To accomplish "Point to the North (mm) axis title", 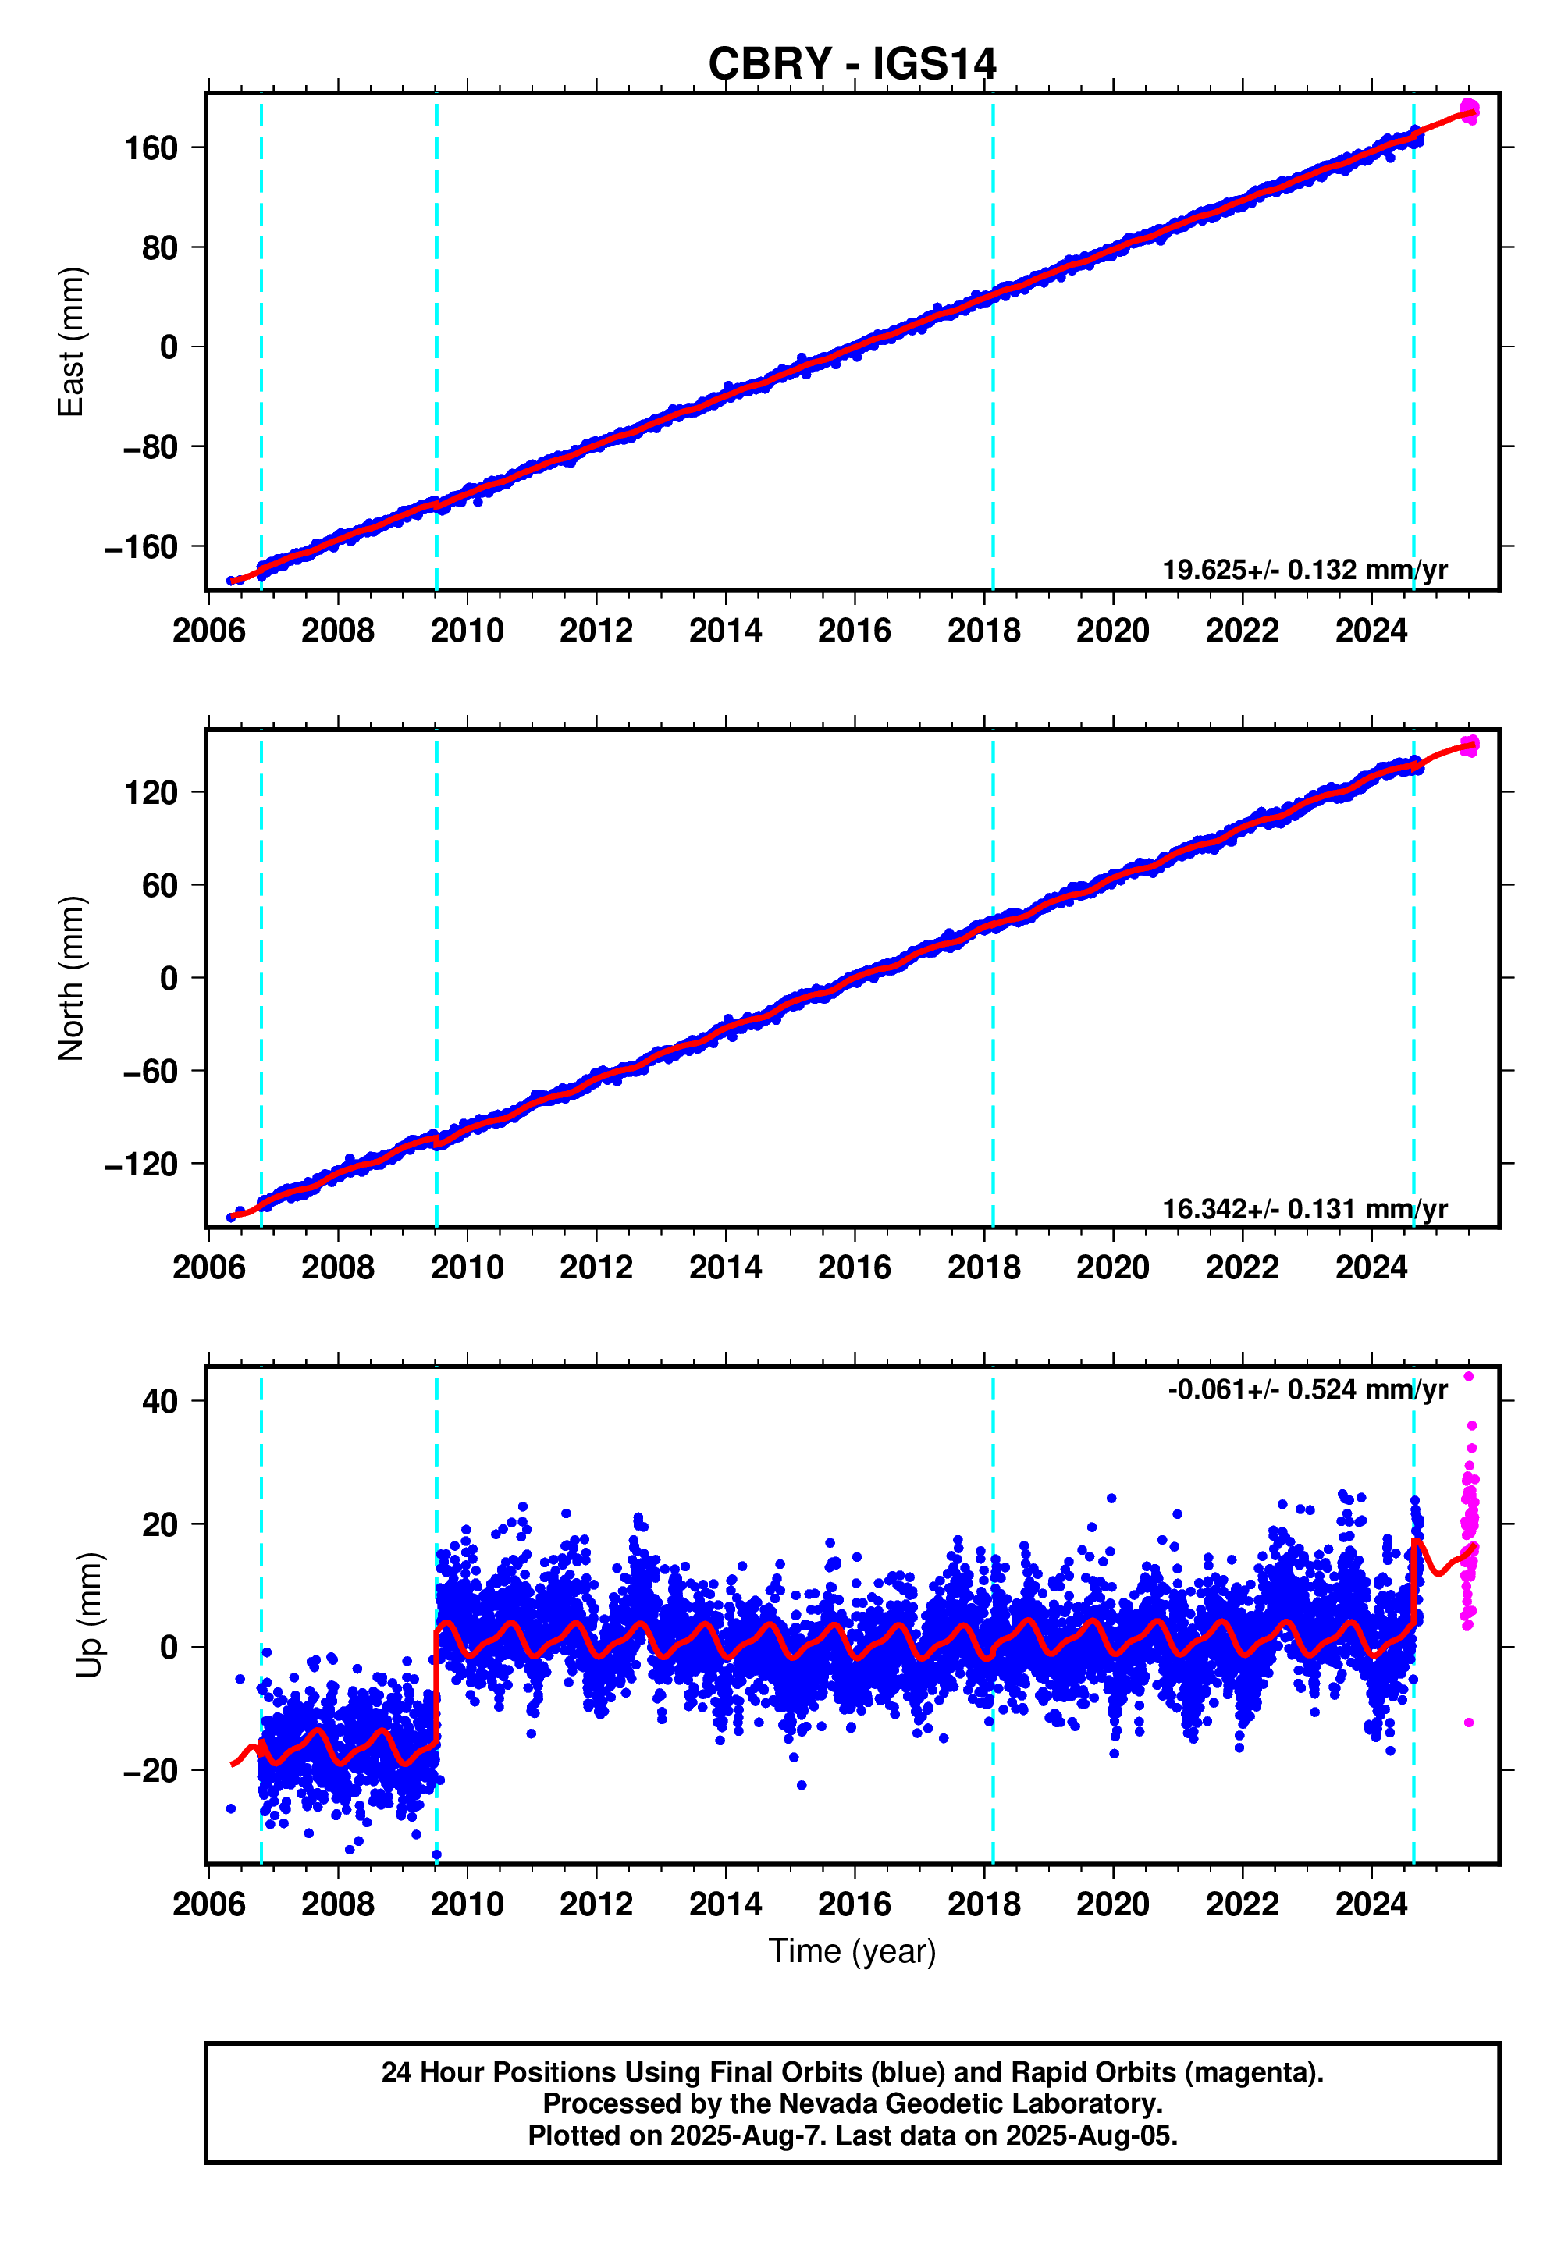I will tap(71, 978).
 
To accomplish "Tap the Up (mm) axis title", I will tap(89, 1613).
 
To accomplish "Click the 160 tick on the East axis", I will tap(151, 148).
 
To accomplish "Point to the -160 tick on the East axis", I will tap(142, 546).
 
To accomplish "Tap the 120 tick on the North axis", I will tap(151, 792).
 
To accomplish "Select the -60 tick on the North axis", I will tap(151, 1071).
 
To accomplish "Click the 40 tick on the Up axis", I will tap(159, 1402).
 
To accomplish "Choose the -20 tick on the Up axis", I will tap(151, 1770).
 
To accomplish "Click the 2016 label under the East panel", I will tap(854, 631).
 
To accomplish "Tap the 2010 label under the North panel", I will tap(467, 1268).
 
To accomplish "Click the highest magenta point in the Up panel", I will tap(1468, 1376).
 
